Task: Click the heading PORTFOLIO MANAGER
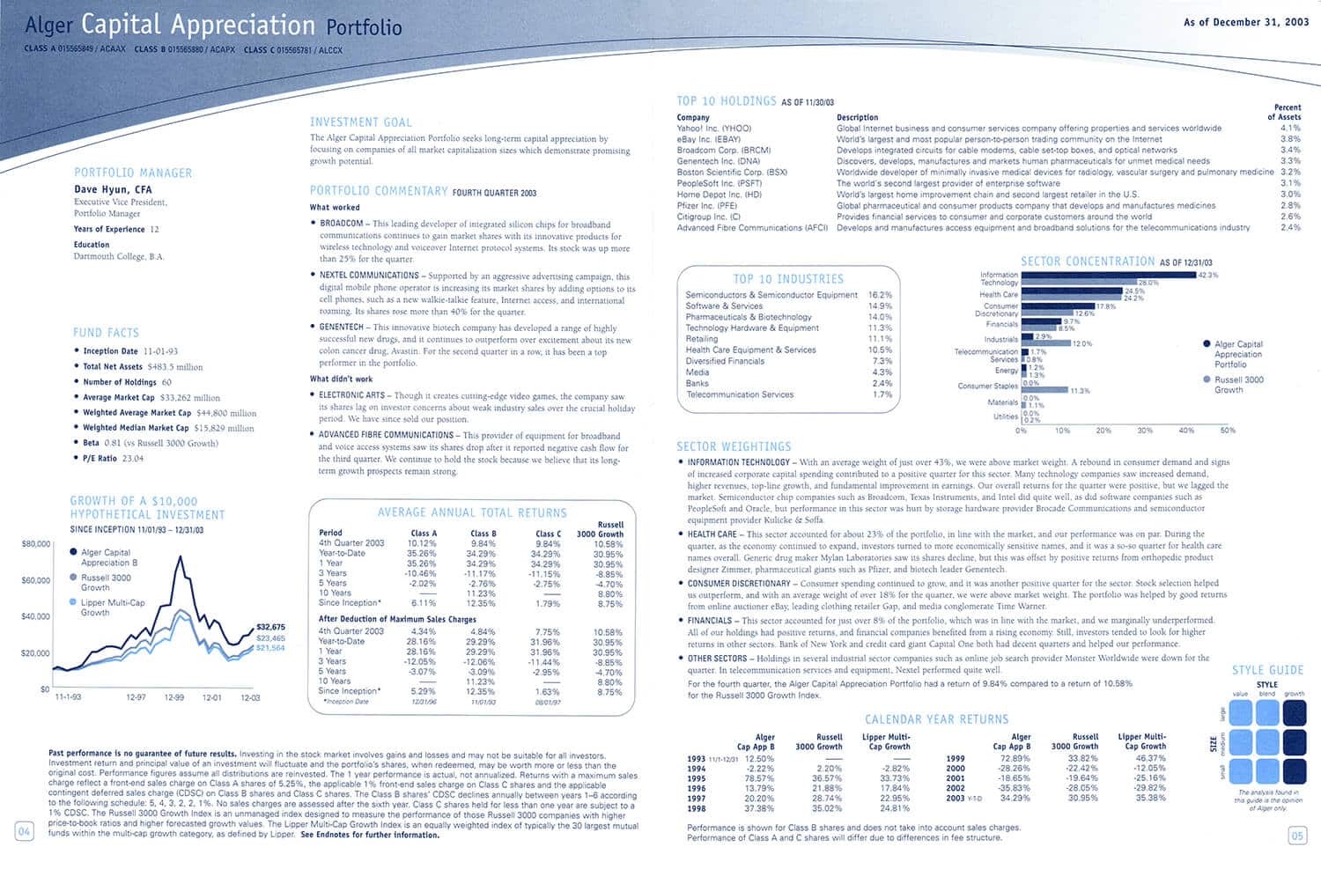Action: point(132,173)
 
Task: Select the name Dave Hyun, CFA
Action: point(113,189)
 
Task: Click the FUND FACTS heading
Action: point(106,333)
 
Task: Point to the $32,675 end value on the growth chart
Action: point(270,627)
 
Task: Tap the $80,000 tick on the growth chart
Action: point(35,544)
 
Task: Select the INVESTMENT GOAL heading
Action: point(360,122)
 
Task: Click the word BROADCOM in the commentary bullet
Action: point(341,224)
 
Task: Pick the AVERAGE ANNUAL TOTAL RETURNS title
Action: point(472,512)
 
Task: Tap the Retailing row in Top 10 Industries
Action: point(702,339)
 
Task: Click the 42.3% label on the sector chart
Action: point(1207,275)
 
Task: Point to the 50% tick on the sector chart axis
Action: point(1227,431)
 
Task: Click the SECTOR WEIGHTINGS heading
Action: point(734,446)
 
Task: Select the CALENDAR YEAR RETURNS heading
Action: point(936,719)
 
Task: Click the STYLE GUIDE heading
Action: point(1267,670)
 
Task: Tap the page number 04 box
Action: point(24,832)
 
